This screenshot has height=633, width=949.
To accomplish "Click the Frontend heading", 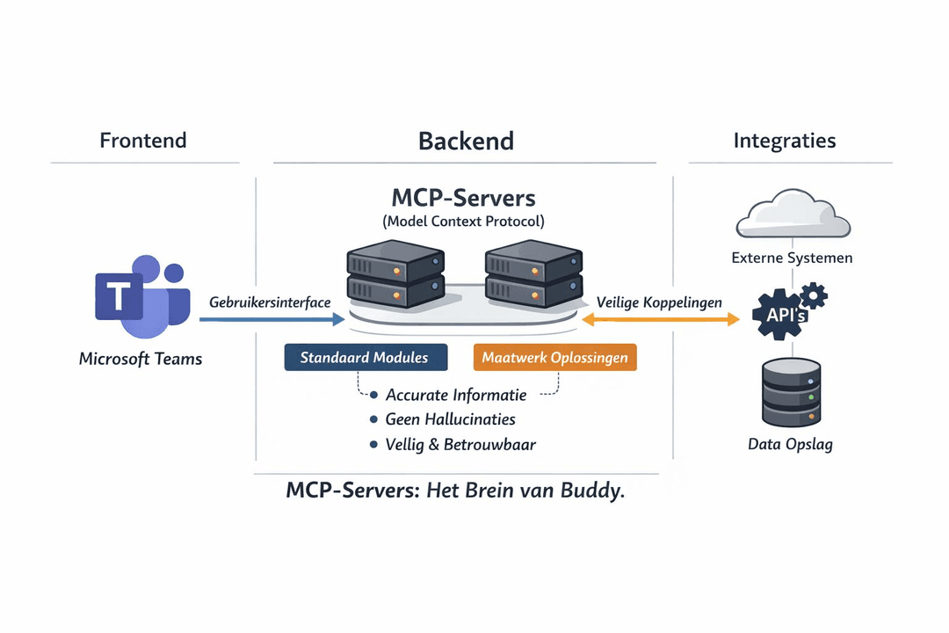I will pyautogui.click(x=143, y=141).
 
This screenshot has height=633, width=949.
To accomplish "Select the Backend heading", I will pyautogui.click(x=466, y=141).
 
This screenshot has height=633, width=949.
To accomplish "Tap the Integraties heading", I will pyautogui.click(x=785, y=141).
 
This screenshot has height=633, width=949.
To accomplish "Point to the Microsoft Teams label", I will pyautogui.click(x=141, y=359).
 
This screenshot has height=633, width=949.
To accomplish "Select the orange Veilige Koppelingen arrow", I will pyautogui.click(x=660, y=319).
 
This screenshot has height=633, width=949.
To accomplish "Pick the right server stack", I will pyautogui.click(x=532, y=275).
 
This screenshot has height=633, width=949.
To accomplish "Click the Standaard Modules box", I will pyautogui.click(x=366, y=358).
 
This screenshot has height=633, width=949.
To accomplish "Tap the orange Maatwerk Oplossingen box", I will pyautogui.click(x=554, y=358).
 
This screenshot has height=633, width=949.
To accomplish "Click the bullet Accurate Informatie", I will pyautogui.click(x=455, y=396).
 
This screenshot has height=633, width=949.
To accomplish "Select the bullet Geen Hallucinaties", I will pyautogui.click(x=450, y=420).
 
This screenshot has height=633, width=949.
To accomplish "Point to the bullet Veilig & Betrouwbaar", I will pyautogui.click(x=460, y=445).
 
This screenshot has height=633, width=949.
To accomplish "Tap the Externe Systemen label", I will pyautogui.click(x=792, y=258).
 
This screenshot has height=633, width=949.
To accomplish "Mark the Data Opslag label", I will pyautogui.click(x=790, y=444).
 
